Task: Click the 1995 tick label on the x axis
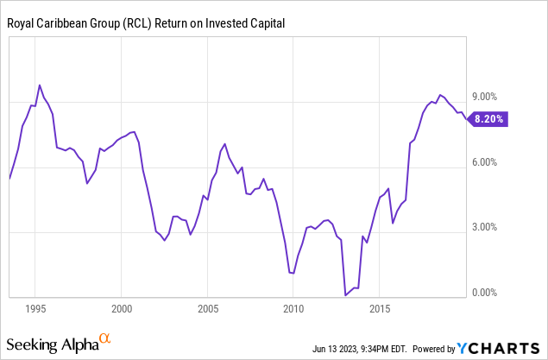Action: click(x=35, y=307)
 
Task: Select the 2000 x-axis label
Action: click(x=122, y=307)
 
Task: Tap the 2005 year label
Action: click(x=207, y=307)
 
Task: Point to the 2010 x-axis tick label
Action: click(x=293, y=307)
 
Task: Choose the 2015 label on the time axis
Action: click(x=380, y=307)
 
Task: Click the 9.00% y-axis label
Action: click(x=485, y=98)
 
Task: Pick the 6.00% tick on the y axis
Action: click(x=485, y=162)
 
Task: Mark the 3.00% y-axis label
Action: click(x=485, y=228)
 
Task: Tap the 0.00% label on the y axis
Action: click(x=485, y=293)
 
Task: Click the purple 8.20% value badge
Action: click(x=489, y=120)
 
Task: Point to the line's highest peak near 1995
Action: click(x=40, y=85)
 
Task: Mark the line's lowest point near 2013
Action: click(x=345, y=295)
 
